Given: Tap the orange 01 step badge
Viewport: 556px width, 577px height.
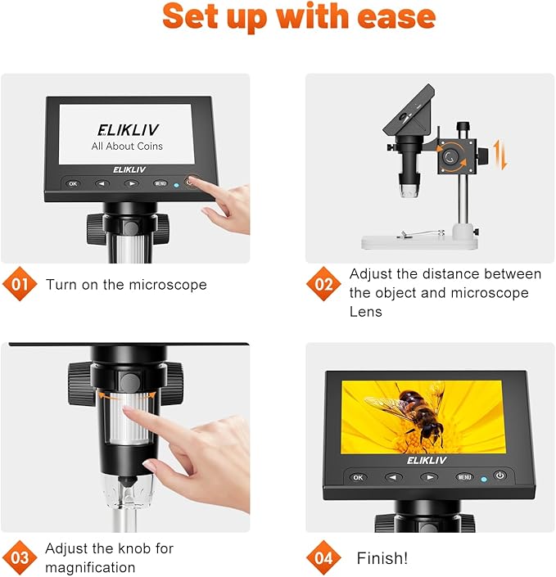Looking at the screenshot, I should tap(20, 285).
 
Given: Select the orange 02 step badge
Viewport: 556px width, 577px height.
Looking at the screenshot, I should tap(322, 285).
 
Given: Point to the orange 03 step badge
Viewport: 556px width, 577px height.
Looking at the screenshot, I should tap(20, 557).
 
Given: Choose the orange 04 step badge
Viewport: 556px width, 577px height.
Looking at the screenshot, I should tap(322, 558).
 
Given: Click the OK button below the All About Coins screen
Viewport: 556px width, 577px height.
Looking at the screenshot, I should tap(73, 183).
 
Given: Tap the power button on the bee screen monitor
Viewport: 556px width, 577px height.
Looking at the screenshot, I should tap(499, 476).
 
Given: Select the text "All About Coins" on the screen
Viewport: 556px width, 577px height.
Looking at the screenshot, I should tap(127, 147).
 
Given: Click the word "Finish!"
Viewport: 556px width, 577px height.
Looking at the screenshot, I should tap(382, 558).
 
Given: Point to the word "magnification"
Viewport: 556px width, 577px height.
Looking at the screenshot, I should tap(90, 567).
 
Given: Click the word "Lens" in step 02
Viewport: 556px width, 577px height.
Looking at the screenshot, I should tap(366, 312).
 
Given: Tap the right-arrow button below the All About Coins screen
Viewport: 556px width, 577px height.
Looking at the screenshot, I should tap(131, 183).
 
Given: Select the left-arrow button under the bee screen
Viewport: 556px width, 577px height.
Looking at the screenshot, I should tap(394, 476).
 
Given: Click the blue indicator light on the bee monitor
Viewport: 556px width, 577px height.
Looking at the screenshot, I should tap(484, 478).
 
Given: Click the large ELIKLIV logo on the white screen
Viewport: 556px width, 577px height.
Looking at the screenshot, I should tap(127, 129).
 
